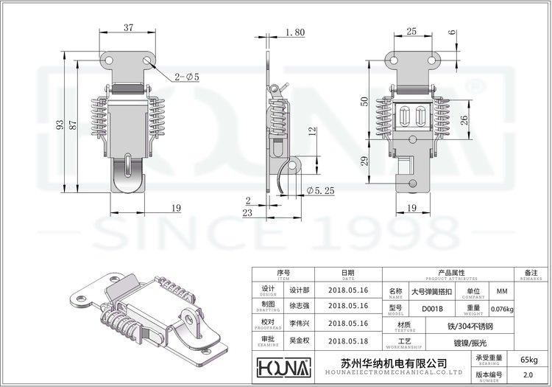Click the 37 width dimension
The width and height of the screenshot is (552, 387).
point(129,28)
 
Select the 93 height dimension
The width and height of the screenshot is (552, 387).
point(60,125)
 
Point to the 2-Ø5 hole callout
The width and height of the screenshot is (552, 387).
point(187,77)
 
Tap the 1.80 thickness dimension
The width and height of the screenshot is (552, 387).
point(293,32)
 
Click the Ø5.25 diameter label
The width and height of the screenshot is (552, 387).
point(320,190)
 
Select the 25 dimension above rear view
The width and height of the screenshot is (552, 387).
point(411,31)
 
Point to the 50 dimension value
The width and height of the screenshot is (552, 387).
point(364,101)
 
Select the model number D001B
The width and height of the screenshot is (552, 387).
point(432,308)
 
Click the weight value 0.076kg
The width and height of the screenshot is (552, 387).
point(502,308)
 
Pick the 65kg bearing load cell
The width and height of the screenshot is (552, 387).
point(528,360)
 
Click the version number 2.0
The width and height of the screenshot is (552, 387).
point(528,375)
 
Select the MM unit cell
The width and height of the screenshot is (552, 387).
point(502,291)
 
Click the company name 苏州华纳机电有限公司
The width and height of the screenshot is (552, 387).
point(394,363)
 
